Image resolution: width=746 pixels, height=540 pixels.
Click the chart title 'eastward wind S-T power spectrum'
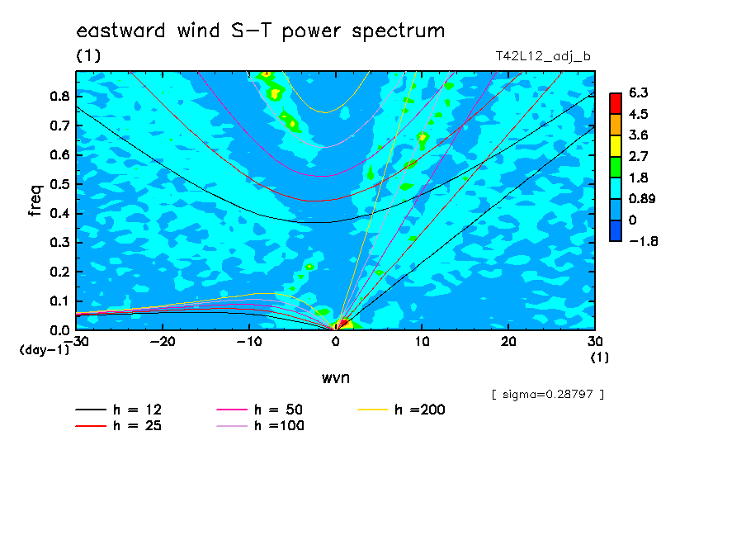point(261,31)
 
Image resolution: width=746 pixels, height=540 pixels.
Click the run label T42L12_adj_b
point(543,57)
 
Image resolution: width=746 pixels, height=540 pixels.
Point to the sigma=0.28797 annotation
point(548,395)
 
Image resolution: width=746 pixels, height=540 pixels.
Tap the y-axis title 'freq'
point(35,201)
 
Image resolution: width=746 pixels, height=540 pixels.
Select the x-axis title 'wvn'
point(335,378)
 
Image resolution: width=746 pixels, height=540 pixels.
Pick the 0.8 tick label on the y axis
point(60,96)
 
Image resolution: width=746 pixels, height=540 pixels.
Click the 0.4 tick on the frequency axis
point(60,213)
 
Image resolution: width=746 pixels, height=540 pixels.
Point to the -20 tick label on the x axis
point(163,342)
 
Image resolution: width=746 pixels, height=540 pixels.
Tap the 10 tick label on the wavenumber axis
point(422,342)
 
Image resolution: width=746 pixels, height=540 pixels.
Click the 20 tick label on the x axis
point(508,342)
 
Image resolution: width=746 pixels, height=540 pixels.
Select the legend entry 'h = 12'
point(119,410)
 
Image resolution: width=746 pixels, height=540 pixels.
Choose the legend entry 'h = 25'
point(119,426)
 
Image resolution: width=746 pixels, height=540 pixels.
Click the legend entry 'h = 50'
point(260,410)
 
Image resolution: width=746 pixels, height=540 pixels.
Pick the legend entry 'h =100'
point(260,426)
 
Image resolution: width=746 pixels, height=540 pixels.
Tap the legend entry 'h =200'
point(402,410)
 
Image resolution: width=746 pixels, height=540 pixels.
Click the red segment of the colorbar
point(616,104)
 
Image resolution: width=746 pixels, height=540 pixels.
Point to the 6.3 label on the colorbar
point(639,92)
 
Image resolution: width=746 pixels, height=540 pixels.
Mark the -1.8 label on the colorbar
point(644,241)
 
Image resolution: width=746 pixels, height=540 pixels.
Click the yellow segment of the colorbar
point(616,146)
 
